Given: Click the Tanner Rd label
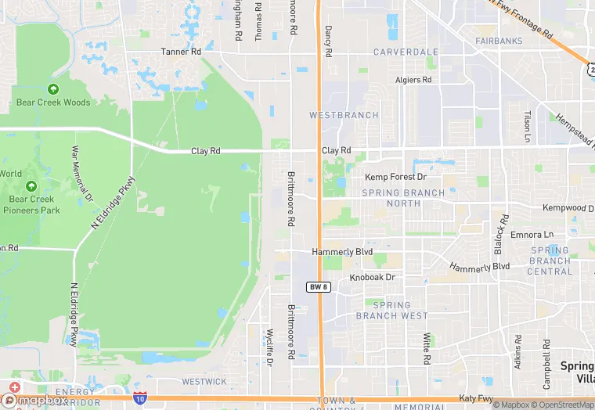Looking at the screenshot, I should pyautogui.click(x=181, y=52).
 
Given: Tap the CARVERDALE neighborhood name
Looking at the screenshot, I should pyautogui.click(x=406, y=52).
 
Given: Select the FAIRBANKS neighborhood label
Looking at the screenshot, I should pyautogui.click(x=499, y=40).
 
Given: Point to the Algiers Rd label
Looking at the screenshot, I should pyautogui.click(x=413, y=80).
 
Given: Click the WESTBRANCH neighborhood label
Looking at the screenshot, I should pyautogui.click(x=344, y=115).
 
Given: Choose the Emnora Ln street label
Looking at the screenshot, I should pyautogui.click(x=532, y=234).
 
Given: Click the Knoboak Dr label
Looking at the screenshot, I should pyautogui.click(x=373, y=278).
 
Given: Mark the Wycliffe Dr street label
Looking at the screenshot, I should pyautogui.click(x=269, y=347).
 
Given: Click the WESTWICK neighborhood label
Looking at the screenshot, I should pyautogui.click(x=204, y=382).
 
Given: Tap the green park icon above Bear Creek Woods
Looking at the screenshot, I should pyautogui.click(x=53, y=90).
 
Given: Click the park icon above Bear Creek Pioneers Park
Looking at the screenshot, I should pyautogui.click(x=31, y=187).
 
